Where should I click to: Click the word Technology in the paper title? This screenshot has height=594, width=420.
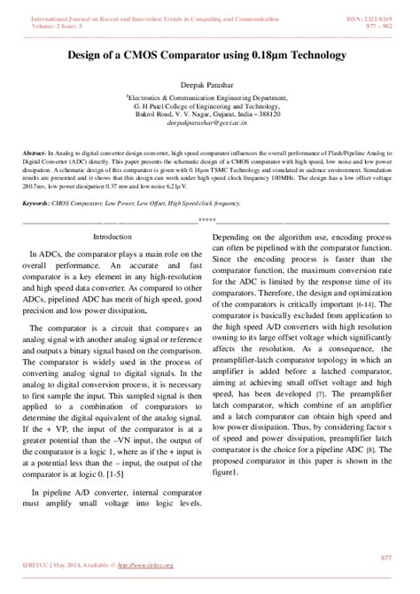click(x=315, y=55)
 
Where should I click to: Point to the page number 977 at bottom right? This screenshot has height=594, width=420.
click(x=385, y=557)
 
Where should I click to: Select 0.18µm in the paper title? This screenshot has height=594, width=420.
click(x=260, y=55)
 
